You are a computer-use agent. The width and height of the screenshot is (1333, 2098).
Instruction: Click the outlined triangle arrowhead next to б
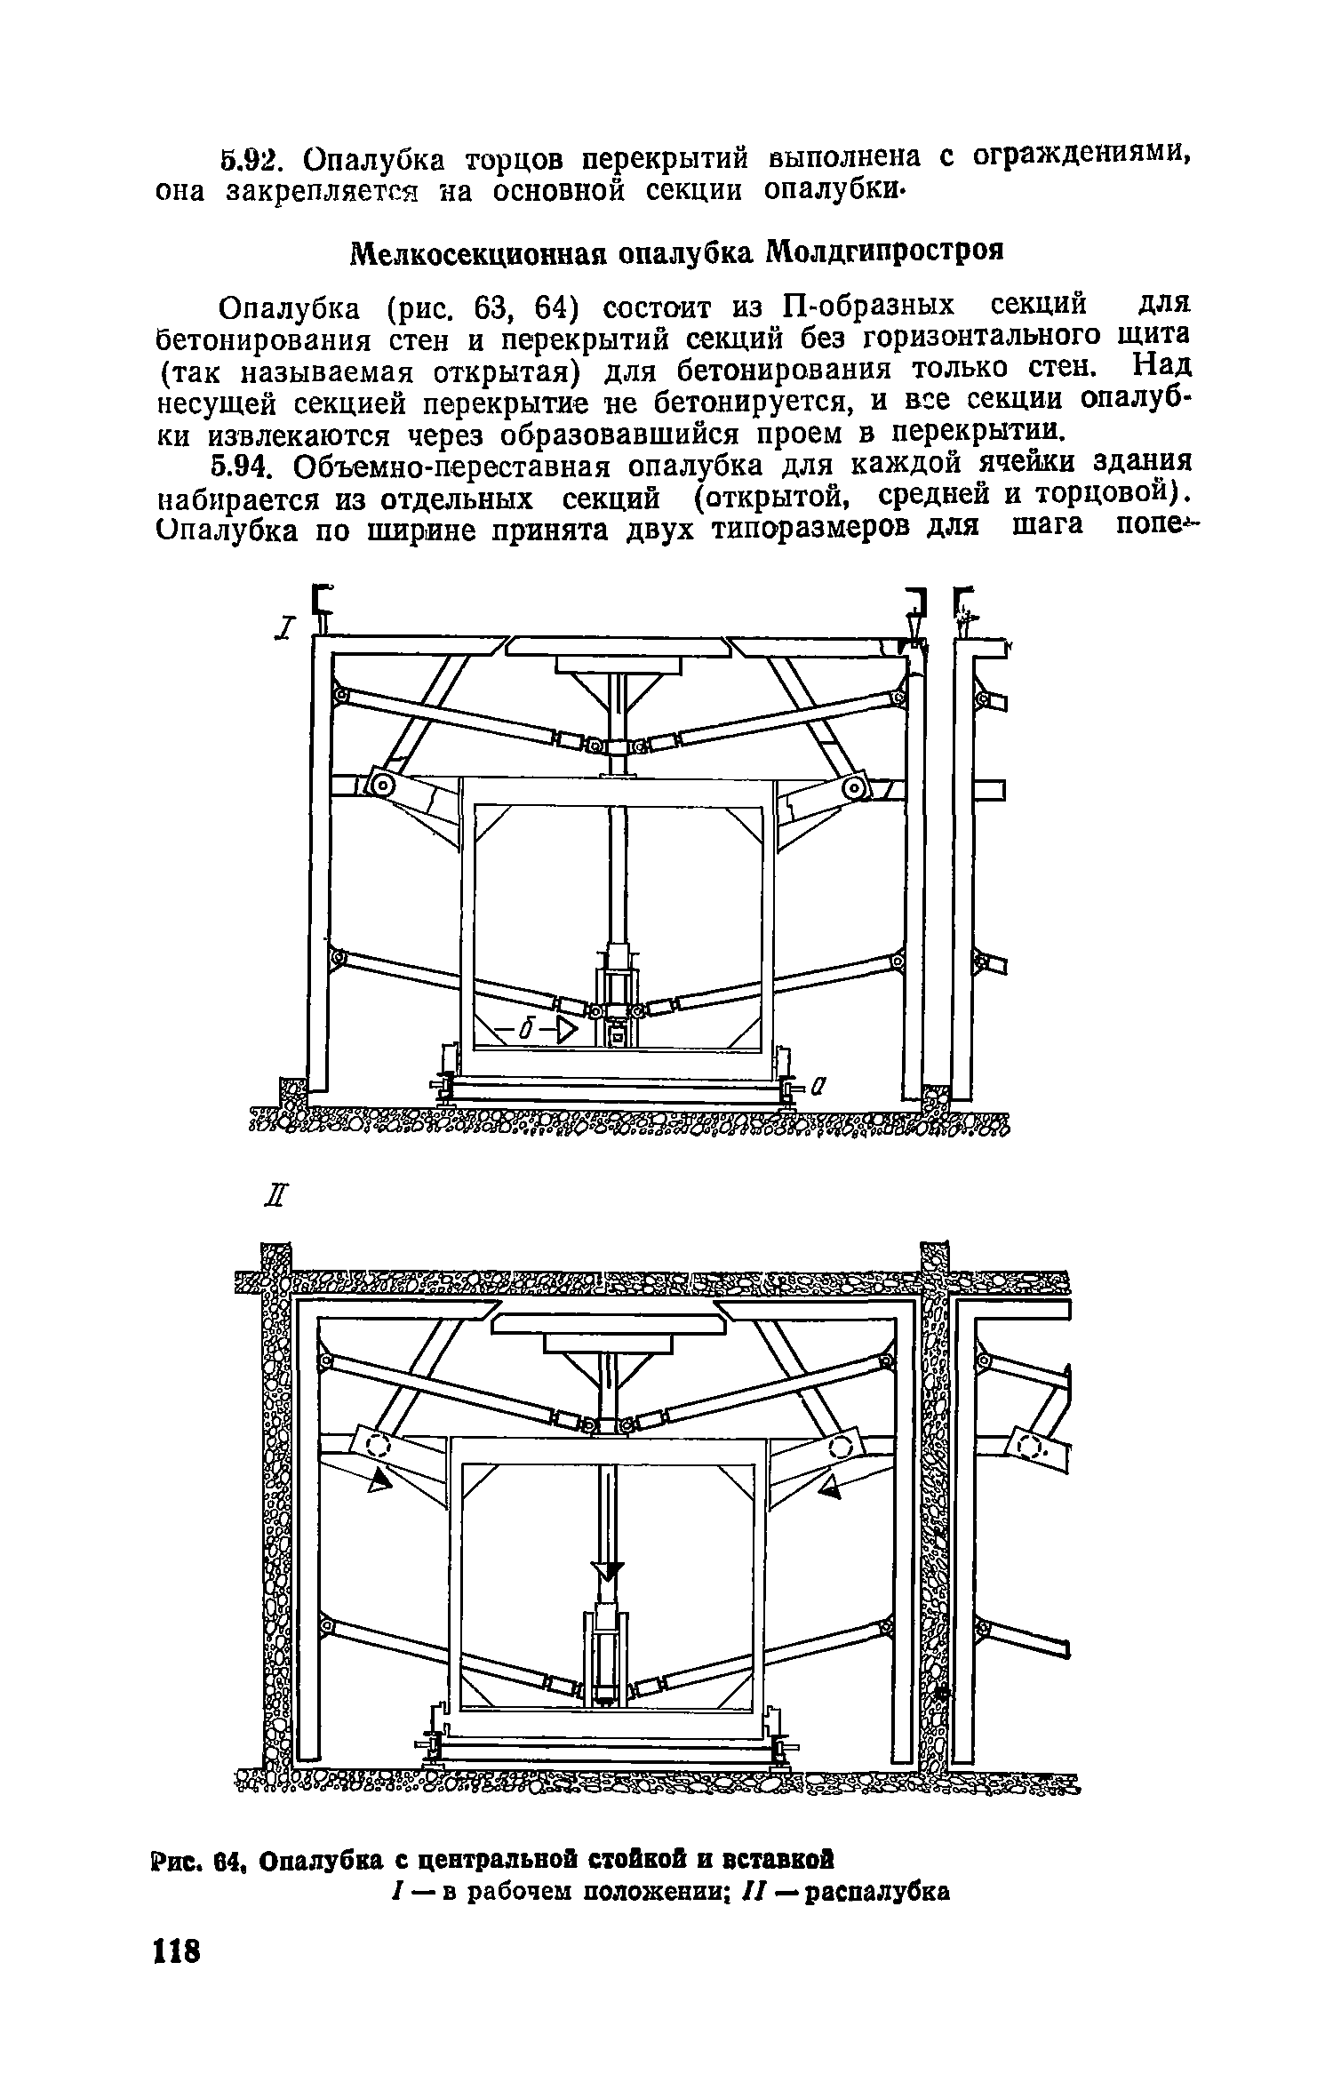(x=566, y=1030)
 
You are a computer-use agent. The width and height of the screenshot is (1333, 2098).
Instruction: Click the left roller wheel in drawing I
(x=383, y=785)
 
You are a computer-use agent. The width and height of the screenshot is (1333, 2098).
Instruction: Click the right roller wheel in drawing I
(x=855, y=786)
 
